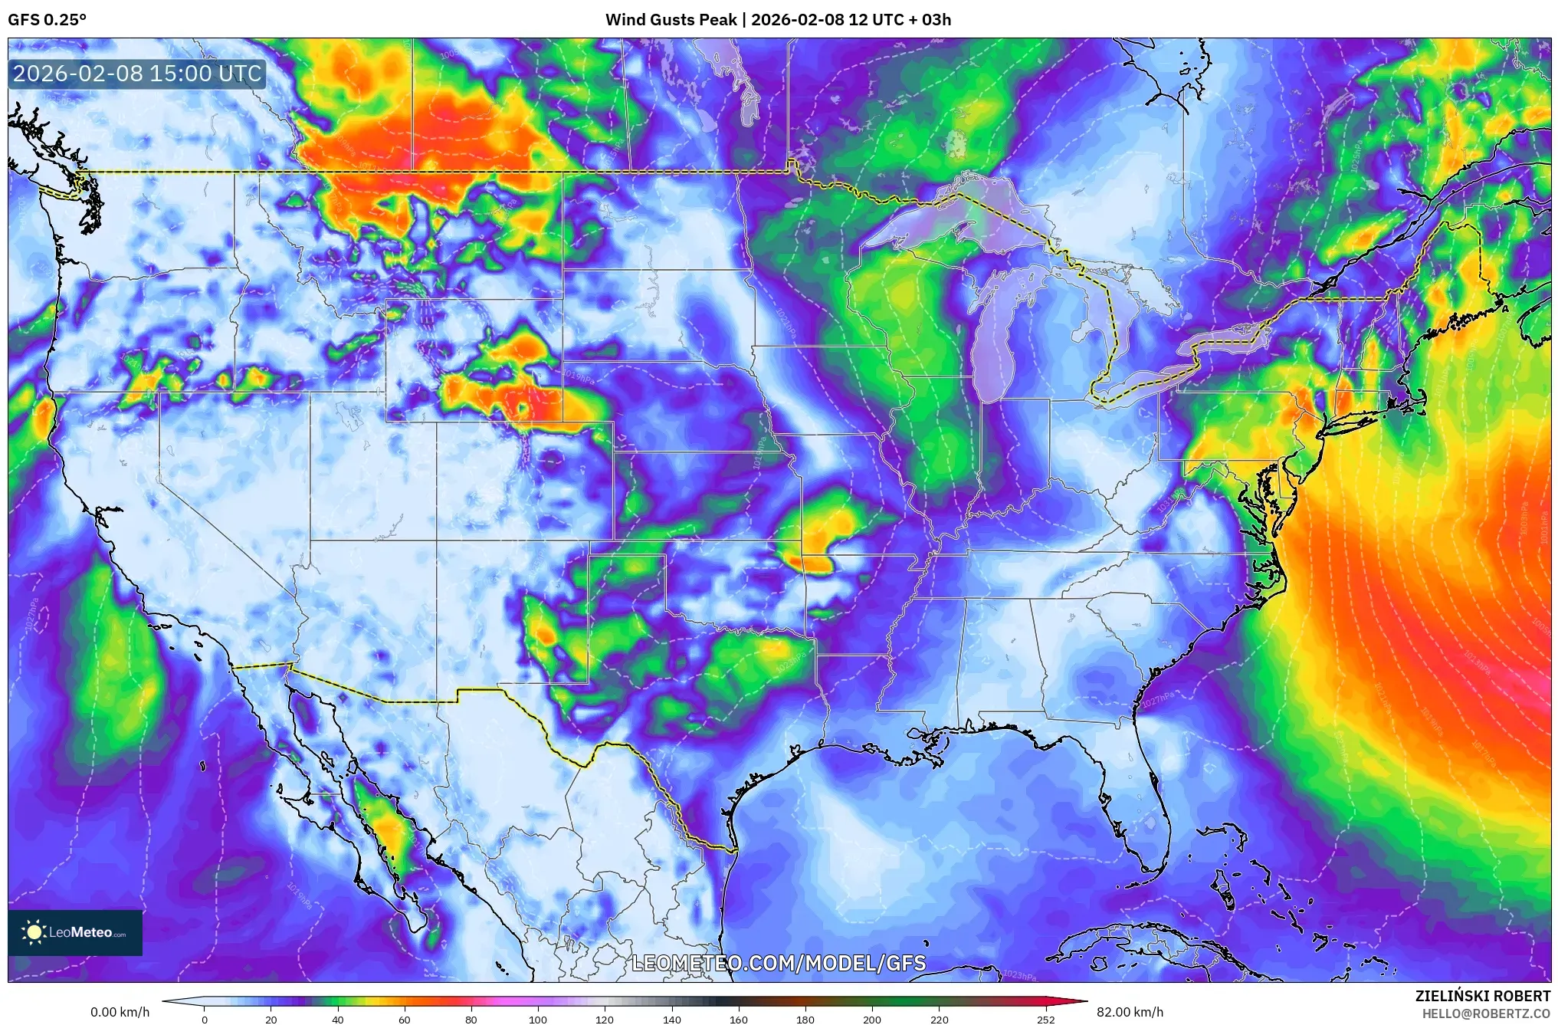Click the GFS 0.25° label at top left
click(47, 20)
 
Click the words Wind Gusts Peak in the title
click(671, 20)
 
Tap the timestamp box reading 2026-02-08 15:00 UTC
click(137, 74)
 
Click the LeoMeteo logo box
click(75, 932)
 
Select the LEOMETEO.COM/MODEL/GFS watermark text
click(779, 963)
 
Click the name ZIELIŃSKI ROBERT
click(1482, 996)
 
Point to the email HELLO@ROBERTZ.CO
click(1486, 1014)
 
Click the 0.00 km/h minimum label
click(120, 1012)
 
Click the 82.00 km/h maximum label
click(1130, 1012)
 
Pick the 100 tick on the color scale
click(537, 1020)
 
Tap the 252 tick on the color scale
click(1045, 1020)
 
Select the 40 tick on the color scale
click(337, 1020)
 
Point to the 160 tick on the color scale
click(738, 1020)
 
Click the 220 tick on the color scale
click(939, 1020)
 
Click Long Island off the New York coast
click(1372, 415)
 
